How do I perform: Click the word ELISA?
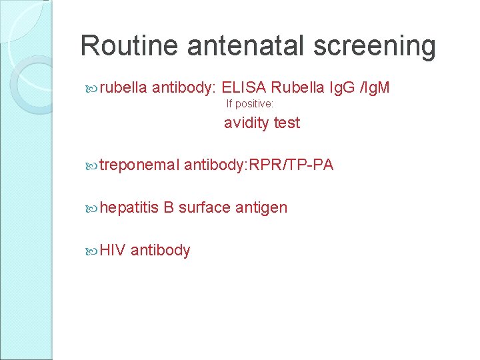245,87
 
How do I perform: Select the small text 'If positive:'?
250,104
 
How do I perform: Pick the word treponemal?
139,165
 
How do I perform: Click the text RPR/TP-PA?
290,165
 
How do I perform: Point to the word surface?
205,208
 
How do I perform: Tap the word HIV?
113,250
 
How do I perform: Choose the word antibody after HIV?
161,251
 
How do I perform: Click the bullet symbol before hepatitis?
92,208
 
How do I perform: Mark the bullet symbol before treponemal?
92,165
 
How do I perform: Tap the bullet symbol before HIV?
92,250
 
